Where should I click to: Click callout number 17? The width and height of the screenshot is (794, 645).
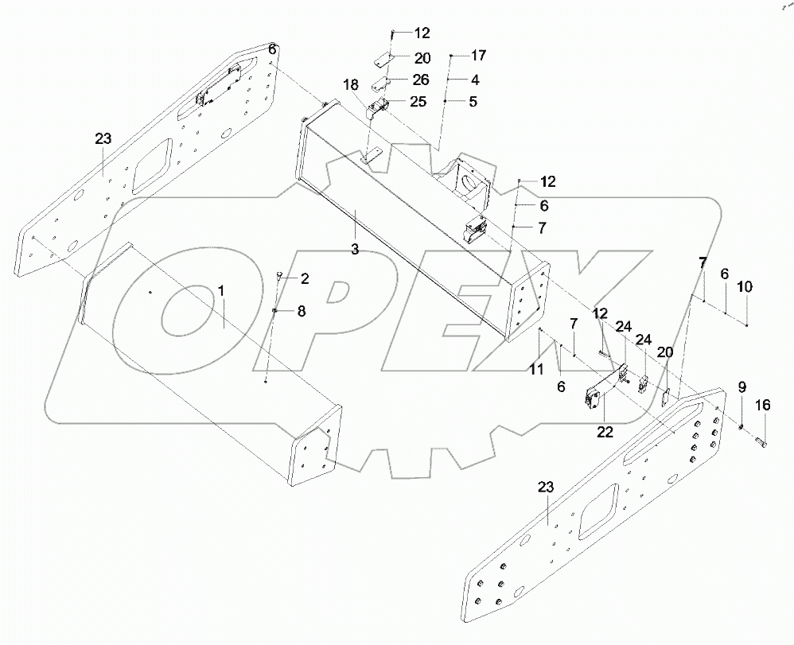point(477,56)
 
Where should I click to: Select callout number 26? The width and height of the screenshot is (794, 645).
point(421,80)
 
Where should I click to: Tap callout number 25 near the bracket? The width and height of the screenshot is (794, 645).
point(418,102)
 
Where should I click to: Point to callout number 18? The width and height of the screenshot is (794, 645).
point(351,84)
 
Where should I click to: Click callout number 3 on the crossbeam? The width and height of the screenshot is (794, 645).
point(355,249)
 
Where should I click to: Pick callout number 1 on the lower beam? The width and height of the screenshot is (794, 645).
point(222,291)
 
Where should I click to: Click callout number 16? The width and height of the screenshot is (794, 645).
point(762,406)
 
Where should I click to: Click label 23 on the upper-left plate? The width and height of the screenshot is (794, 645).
point(103,139)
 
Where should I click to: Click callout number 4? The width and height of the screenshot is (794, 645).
point(474,80)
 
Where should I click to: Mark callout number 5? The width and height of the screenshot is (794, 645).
point(473,102)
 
